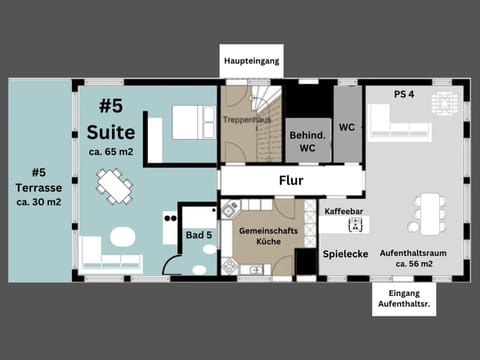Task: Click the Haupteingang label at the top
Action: click(x=251, y=61)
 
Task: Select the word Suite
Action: click(x=111, y=132)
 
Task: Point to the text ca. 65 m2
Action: click(x=111, y=152)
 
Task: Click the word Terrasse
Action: click(x=38, y=187)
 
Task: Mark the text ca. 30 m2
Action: click(x=38, y=201)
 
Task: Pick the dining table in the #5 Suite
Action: click(x=113, y=185)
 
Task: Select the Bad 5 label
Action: click(x=199, y=235)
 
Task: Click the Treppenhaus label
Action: click(x=246, y=119)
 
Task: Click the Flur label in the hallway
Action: click(x=290, y=181)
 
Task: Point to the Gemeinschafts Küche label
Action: click(x=263, y=236)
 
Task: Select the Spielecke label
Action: click(x=346, y=254)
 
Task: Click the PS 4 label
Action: click(x=404, y=95)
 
